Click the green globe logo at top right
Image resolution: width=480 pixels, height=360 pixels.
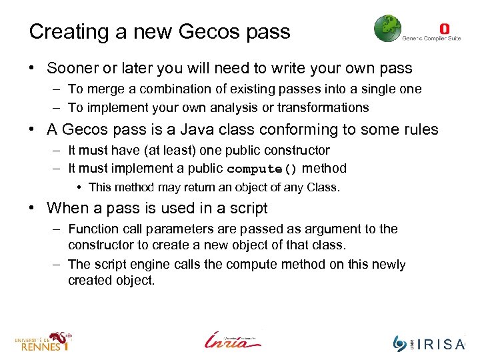pos(387,29)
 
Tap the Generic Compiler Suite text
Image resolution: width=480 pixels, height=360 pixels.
pos(431,38)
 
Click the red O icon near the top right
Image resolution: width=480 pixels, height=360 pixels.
pos(445,28)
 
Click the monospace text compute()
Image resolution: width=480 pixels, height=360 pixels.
pos(262,169)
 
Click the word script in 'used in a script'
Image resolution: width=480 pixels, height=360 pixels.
pos(244,208)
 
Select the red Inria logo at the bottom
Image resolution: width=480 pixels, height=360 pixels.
pos(233,339)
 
